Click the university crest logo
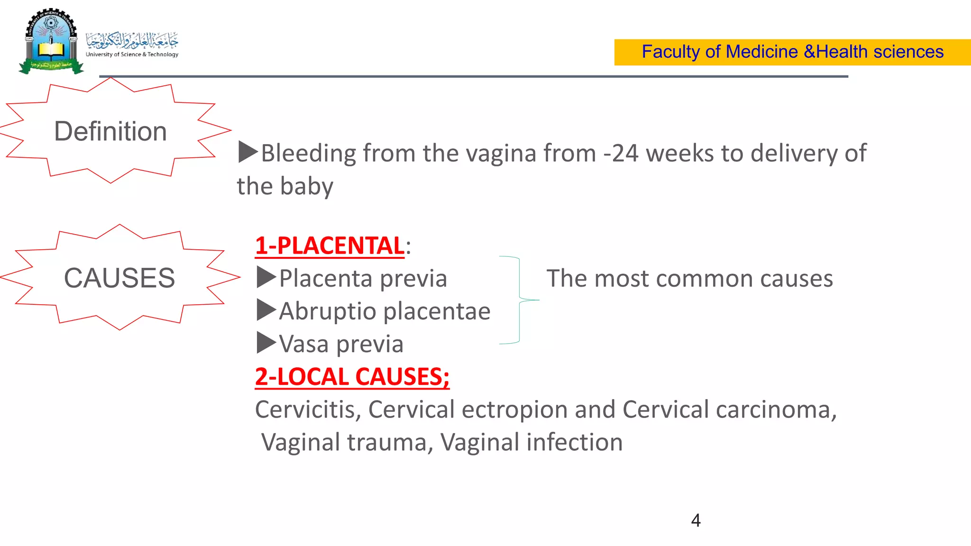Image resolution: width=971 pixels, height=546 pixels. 51,42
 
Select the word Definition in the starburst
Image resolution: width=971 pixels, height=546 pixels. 110,131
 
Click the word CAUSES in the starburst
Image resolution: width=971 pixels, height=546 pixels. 119,278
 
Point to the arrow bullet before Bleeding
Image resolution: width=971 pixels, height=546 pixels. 247,152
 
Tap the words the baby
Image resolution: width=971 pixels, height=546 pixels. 285,186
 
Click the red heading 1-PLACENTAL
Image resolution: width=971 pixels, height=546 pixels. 330,246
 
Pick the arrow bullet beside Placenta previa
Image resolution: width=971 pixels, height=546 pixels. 266,278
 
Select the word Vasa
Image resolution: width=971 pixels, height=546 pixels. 303,344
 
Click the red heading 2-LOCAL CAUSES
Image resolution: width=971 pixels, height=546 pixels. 352,377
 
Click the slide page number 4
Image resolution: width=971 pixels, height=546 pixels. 696,520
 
